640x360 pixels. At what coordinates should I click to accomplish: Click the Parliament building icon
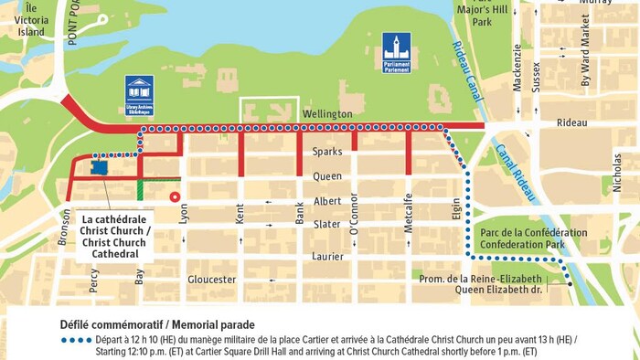(396, 52)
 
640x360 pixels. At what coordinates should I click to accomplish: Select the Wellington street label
(326, 113)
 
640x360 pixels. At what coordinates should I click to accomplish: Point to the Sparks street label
(326, 152)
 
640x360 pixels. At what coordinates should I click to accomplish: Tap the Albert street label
(326, 201)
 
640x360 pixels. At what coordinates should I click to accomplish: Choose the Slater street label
(326, 225)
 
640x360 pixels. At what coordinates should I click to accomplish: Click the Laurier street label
(326, 257)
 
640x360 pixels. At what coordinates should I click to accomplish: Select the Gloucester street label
(212, 279)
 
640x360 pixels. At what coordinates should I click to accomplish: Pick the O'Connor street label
(355, 219)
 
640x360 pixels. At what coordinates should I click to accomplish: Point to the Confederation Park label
(533, 239)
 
